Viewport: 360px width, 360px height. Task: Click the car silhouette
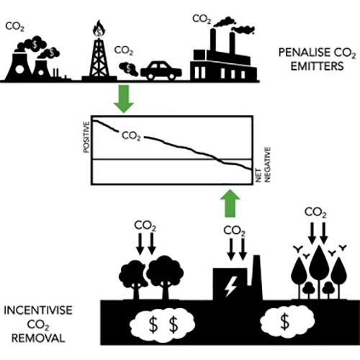[x=161, y=71]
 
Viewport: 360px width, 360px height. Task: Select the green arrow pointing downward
[x=124, y=99]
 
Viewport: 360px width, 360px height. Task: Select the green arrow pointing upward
[x=230, y=203]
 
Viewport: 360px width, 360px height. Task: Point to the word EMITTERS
[x=318, y=66]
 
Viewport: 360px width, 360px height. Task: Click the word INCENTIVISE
[x=38, y=310]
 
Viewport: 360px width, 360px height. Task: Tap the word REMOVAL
[x=38, y=338]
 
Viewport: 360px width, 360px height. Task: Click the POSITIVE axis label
[x=86, y=137]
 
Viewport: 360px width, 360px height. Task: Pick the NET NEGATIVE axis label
[x=264, y=165]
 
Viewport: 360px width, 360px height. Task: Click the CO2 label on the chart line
[x=131, y=136]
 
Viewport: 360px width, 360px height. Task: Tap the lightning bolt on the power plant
[x=231, y=287]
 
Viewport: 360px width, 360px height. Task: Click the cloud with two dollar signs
[x=163, y=325]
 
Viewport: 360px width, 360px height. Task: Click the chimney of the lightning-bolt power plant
[x=257, y=277]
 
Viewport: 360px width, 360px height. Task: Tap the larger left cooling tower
[x=19, y=67]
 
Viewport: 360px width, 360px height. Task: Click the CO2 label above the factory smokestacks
[x=202, y=19]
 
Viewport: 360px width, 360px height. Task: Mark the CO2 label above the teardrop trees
[x=315, y=212]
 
